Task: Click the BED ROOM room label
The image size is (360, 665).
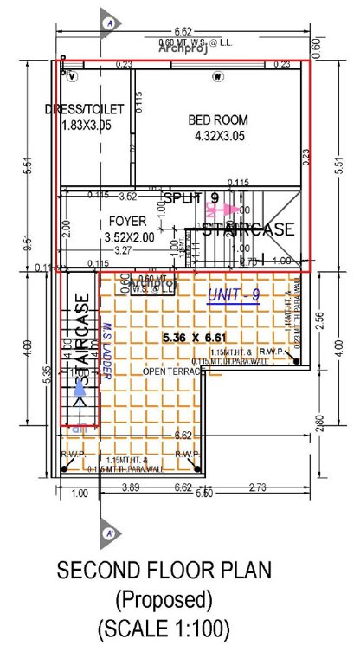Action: click(218, 119)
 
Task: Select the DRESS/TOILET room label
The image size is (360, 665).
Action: click(84, 108)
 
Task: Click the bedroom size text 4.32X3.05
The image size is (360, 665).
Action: click(218, 136)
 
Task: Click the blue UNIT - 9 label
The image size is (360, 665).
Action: click(234, 296)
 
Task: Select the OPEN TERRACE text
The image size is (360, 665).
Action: click(173, 371)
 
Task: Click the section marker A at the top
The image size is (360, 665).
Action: click(109, 23)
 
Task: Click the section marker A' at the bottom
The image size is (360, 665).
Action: click(109, 533)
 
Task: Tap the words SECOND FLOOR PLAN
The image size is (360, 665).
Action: click(164, 571)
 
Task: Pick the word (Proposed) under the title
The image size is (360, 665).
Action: click(164, 599)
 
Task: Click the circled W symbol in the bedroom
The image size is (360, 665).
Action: click(216, 76)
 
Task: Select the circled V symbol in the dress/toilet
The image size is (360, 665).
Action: click(73, 76)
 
